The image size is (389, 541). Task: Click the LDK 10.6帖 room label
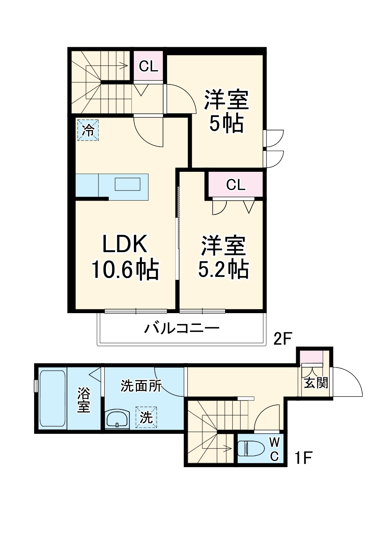[x=124, y=257]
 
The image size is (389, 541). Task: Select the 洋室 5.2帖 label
[x=223, y=257]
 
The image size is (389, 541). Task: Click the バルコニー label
[x=182, y=327]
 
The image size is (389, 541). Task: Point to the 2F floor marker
[x=282, y=338]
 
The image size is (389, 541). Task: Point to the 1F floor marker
[x=303, y=459]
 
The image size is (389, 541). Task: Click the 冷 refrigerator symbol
[x=88, y=130]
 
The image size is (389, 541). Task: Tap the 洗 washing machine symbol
[x=146, y=417]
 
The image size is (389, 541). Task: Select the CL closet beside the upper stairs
[x=148, y=67]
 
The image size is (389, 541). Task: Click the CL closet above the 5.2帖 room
[x=236, y=185]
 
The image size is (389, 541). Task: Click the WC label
[x=274, y=449]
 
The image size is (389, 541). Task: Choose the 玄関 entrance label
[x=316, y=383]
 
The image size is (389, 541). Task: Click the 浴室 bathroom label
[x=84, y=400]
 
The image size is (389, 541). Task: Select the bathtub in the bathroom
[x=52, y=398]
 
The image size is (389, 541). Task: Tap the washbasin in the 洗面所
[x=117, y=419]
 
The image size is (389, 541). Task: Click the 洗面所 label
[x=141, y=385]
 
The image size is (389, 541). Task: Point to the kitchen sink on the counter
[x=127, y=184]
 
